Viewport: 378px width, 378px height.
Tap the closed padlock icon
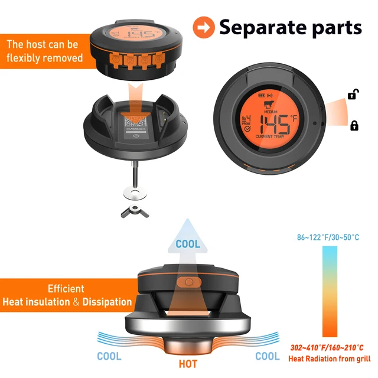pos(355,125)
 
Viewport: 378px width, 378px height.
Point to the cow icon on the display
pos(270,106)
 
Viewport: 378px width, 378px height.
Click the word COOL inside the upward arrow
pos(187,243)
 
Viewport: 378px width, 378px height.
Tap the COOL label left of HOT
pos(109,356)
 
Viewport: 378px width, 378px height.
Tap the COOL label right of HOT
pos(267,356)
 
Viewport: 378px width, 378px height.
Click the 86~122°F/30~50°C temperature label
pos(328,237)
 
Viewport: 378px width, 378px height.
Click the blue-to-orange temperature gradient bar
pos(328,292)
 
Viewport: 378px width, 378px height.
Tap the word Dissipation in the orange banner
pos(103,302)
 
